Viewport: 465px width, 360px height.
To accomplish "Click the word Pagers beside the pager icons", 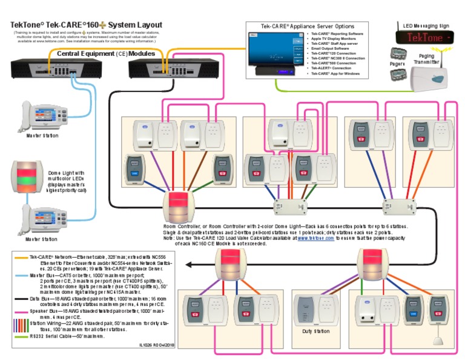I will [x=397, y=63].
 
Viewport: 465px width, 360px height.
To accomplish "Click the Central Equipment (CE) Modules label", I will [x=105, y=53].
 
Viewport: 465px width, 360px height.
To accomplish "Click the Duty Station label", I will [x=315, y=332].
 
